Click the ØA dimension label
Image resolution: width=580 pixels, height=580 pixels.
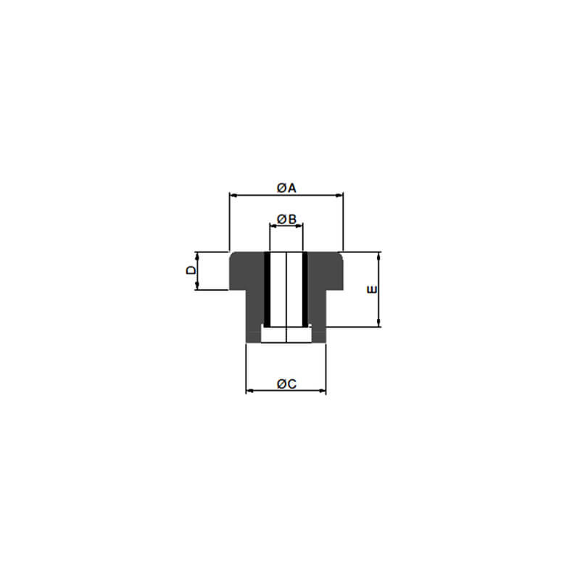286,188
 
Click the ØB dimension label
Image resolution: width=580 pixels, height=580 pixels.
286,220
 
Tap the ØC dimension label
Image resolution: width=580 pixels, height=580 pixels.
286,384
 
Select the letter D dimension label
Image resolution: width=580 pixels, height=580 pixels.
191,270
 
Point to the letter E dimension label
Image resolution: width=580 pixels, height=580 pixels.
372,289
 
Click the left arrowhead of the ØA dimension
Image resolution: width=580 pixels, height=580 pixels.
233,195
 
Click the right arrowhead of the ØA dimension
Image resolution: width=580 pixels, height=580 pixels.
339,195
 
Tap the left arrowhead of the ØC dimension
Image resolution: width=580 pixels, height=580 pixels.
249,390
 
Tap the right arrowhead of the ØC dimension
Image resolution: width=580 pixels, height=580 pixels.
322,390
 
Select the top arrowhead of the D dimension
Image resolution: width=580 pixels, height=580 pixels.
196,256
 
